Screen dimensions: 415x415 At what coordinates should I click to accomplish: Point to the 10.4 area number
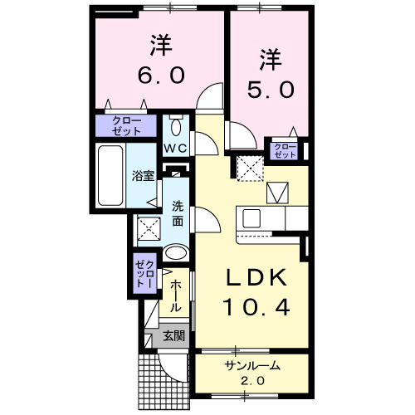point(256,308)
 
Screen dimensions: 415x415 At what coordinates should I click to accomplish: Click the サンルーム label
point(251,366)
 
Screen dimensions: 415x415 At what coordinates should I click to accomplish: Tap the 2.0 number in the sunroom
point(251,381)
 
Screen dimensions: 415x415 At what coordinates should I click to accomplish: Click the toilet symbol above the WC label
point(175,128)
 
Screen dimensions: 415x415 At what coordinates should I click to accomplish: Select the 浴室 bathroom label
point(143,175)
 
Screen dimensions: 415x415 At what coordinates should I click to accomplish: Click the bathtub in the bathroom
point(109,175)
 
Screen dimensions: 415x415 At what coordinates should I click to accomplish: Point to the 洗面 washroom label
point(178,214)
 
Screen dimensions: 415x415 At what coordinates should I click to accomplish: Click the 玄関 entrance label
point(173,335)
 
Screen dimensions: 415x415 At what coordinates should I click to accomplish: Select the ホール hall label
point(175,296)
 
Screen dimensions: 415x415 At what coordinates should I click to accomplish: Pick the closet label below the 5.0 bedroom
point(285,150)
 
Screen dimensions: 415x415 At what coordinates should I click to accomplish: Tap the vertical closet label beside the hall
point(144,273)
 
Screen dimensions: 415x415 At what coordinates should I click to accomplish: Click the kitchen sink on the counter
point(251,219)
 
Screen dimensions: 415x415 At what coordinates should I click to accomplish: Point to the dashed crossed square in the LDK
point(247,168)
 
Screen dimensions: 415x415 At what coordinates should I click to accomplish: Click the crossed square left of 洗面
point(148,227)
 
